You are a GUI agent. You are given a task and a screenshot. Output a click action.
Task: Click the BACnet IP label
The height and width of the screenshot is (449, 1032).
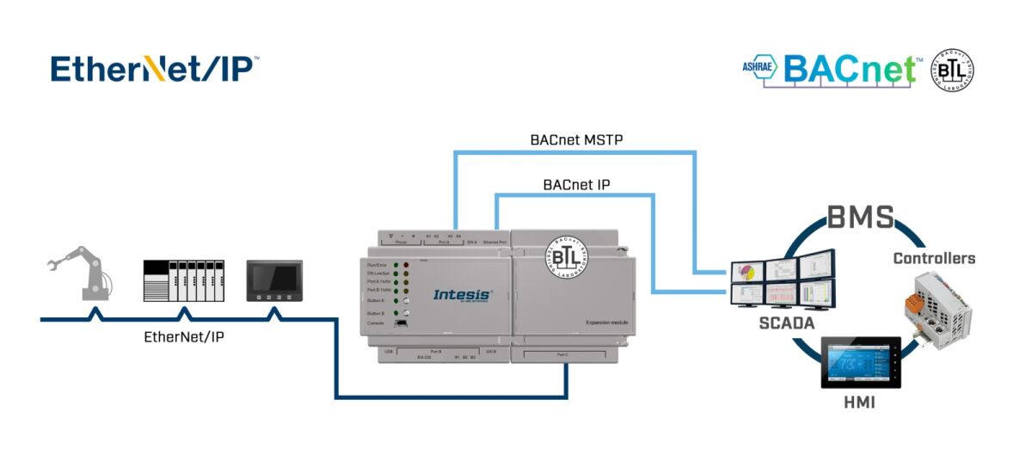pyautogui.click(x=575, y=184)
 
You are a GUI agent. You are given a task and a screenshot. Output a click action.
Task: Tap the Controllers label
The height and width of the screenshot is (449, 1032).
pyautogui.click(x=934, y=258)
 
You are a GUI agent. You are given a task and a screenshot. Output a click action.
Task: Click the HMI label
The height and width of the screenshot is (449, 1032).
pyautogui.click(x=859, y=403)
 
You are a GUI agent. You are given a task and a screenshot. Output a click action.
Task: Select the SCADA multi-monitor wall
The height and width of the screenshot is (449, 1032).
pyautogui.click(x=782, y=279)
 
